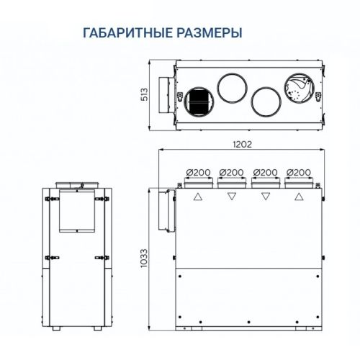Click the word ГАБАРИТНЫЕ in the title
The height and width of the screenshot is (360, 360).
[x=125, y=33]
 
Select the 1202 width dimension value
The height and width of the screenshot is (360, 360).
[x=242, y=145]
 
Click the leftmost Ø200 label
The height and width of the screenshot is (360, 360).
[x=197, y=173]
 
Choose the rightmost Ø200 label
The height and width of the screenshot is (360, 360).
[x=298, y=173]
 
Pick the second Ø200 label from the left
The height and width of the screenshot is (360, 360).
[x=231, y=173]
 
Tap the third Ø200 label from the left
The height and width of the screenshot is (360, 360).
[x=265, y=173]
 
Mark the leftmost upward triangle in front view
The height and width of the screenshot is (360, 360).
[x=197, y=196]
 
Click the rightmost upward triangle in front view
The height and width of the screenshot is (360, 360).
[x=298, y=196]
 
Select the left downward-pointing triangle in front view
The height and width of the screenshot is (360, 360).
[x=231, y=196]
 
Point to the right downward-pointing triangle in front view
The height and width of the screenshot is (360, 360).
[x=265, y=196]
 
